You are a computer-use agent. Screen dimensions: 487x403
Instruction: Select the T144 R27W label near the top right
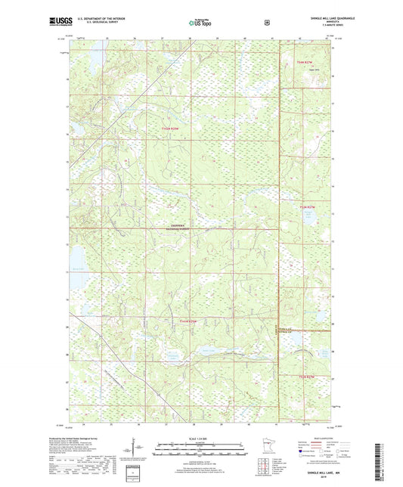pyautogui.click(x=303, y=61)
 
